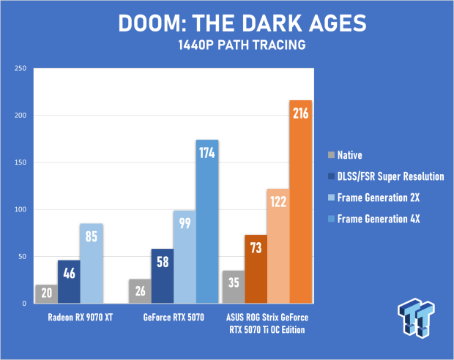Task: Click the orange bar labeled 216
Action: tap(300, 202)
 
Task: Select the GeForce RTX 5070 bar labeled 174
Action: tap(207, 222)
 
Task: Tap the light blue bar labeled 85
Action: tap(92, 263)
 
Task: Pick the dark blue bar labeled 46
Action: tap(69, 282)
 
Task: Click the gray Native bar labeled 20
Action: tap(47, 293)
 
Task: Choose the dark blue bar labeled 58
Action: tap(163, 276)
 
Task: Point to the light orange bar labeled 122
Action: tap(278, 246)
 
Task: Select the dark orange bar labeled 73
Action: tap(256, 269)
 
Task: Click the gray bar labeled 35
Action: tap(234, 287)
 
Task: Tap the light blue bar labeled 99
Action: tap(185, 257)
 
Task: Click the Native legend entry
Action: tap(345, 155)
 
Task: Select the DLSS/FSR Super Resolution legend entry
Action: tap(386, 176)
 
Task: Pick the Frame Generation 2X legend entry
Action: tap(373, 198)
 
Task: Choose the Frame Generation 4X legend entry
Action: tap(373, 219)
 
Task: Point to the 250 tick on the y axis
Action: tap(21, 68)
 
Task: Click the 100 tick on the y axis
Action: tap(21, 209)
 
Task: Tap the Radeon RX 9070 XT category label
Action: tap(81, 318)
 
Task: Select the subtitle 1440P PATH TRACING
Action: tap(242, 45)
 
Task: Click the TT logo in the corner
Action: tap(417, 318)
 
